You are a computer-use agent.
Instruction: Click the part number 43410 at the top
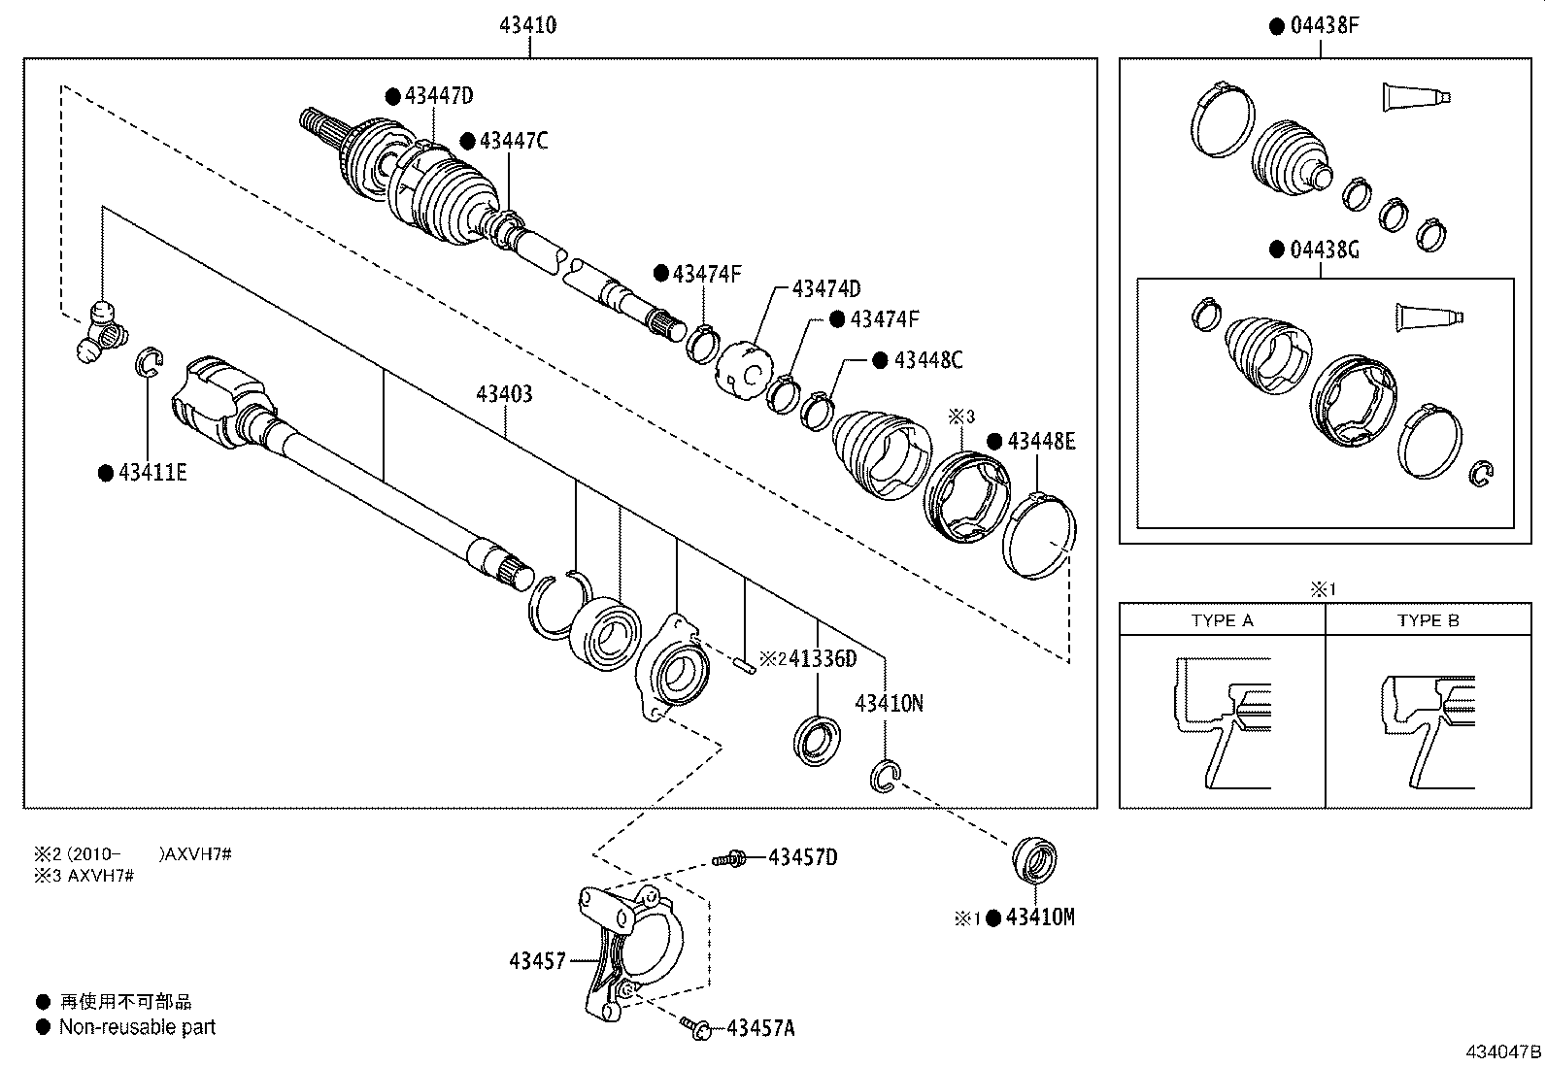528,26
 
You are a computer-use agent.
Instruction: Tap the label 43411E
152,473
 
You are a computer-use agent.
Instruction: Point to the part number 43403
504,394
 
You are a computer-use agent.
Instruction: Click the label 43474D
825,288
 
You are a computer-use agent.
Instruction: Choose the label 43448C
927,360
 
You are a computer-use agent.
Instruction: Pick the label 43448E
1041,442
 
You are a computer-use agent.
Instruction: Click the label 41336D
822,659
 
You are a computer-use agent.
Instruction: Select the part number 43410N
889,702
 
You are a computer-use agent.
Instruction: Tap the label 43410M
1039,917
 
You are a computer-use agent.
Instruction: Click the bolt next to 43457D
728,859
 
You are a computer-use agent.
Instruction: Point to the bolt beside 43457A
695,1025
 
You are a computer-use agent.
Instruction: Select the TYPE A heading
1222,620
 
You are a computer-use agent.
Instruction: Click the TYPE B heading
1428,620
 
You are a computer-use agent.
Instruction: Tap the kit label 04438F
1324,26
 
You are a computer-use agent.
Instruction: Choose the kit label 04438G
1324,250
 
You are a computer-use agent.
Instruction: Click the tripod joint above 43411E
99,332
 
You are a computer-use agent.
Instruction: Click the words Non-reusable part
137,1027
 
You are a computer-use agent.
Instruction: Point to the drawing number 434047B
1503,1052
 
